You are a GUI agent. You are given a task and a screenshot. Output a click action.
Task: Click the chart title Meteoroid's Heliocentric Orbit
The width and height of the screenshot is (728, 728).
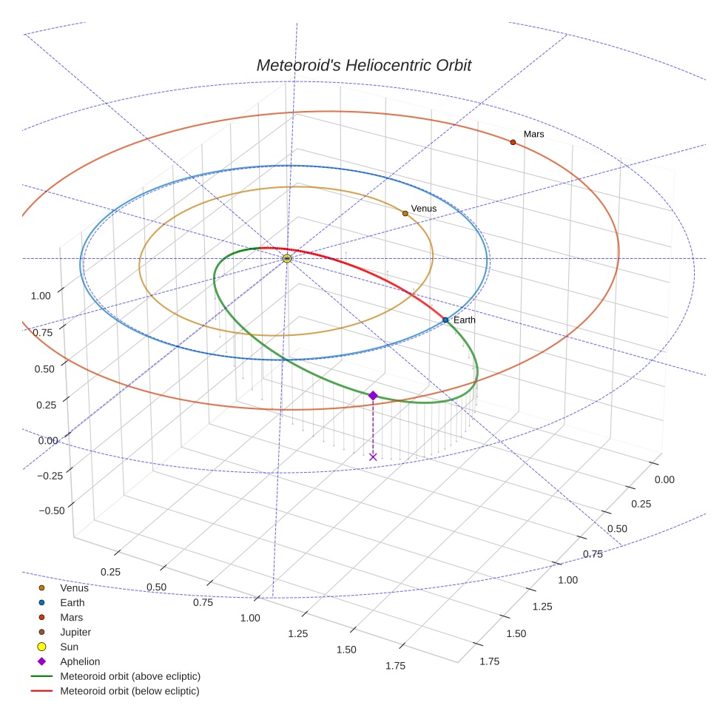pyautogui.click(x=363, y=65)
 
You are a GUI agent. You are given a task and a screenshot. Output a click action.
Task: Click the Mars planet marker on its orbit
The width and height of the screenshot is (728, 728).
pyautogui.click(x=513, y=142)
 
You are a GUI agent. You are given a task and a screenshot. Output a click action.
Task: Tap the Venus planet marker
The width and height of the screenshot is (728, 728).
pyautogui.click(x=405, y=213)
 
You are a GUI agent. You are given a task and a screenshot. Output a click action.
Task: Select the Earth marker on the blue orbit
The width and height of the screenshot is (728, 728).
pyautogui.click(x=445, y=320)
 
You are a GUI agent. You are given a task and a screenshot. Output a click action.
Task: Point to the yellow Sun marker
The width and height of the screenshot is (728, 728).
pyautogui.click(x=287, y=258)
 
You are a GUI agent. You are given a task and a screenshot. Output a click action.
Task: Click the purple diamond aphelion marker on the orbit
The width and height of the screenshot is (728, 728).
pyautogui.click(x=373, y=396)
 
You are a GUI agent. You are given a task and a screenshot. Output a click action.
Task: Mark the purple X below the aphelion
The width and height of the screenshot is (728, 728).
pyautogui.click(x=373, y=456)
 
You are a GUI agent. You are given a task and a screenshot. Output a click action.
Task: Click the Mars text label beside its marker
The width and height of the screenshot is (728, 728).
pyautogui.click(x=533, y=134)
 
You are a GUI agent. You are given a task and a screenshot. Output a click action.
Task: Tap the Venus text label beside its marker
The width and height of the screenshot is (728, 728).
pyautogui.click(x=424, y=209)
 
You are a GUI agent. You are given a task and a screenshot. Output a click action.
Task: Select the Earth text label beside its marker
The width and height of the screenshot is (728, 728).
pyautogui.click(x=465, y=320)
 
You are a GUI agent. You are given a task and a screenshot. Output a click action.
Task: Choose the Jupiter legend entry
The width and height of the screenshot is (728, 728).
pyautogui.click(x=75, y=632)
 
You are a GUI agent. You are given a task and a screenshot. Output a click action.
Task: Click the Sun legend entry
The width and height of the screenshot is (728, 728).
pyautogui.click(x=69, y=647)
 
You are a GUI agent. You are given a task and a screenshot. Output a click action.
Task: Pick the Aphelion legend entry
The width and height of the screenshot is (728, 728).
pyautogui.click(x=79, y=661)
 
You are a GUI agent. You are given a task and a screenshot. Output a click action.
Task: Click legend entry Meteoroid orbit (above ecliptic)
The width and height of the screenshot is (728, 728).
pyautogui.click(x=129, y=676)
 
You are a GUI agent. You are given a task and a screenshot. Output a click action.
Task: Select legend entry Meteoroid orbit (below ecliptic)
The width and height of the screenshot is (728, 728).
pyautogui.click(x=129, y=691)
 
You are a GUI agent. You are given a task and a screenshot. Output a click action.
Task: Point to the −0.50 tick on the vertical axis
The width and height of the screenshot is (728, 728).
pyautogui.click(x=51, y=510)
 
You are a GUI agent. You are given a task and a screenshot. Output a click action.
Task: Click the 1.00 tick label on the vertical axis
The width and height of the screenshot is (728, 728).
pyautogui.click(x=41, y=296)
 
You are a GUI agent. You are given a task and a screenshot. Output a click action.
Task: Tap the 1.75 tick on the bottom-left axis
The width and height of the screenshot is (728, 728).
pyautogui.click(x=395, y=666)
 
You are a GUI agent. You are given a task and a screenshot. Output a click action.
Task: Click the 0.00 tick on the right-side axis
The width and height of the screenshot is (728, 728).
pyautogui.click(x=664, y=479)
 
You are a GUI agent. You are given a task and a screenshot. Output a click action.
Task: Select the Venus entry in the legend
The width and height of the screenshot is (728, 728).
pyautogui.click(x=74, y=588)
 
